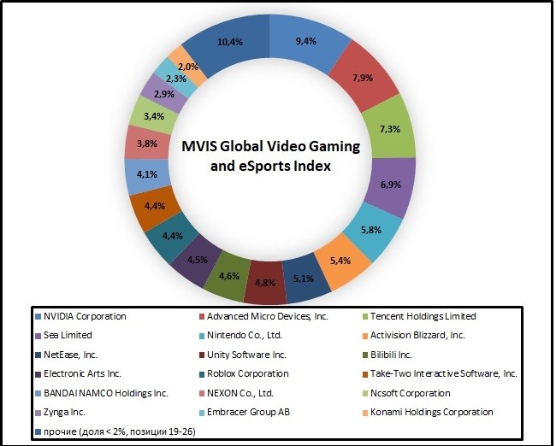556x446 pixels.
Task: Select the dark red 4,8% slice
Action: coord(264,280)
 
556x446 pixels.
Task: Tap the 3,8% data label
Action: coord(147,144)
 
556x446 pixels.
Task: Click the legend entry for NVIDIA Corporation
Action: coord(85,316)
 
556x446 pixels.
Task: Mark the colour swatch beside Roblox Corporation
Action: coord(203,373)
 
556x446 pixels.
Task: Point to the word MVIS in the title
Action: coord(202,147)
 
